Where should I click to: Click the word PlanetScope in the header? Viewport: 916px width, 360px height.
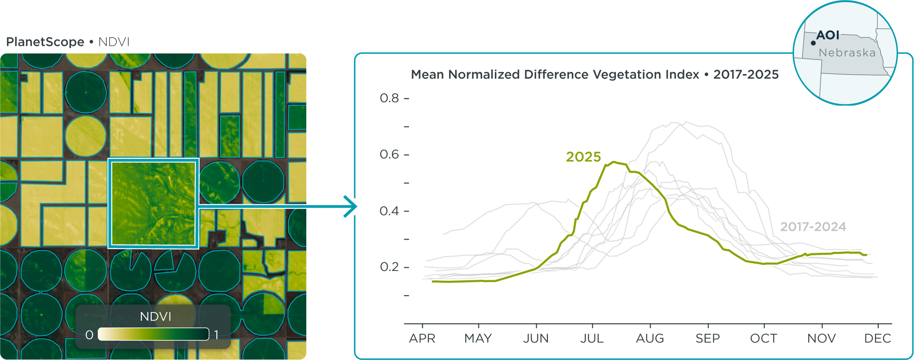(45, 42)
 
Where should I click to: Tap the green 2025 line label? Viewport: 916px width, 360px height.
(583, 157)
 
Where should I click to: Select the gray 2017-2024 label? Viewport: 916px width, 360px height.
(813, 227)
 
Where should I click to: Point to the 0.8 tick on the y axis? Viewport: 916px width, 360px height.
(389, 98)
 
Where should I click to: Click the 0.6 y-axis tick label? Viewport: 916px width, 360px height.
(389, 155)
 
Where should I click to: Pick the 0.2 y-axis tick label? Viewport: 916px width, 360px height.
(389, 267)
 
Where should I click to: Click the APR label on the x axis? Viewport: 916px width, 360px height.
(422, 339)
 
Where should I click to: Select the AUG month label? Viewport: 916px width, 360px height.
(650, 339)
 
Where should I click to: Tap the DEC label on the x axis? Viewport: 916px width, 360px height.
(878, 339)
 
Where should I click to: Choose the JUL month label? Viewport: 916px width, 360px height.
(592, 339)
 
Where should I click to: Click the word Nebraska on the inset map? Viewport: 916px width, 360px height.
(847, 53)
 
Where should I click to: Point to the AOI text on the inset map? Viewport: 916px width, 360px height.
(828, 35)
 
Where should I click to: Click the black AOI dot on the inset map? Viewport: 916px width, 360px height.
(813, 43)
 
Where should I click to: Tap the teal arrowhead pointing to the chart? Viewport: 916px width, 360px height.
(351, 207)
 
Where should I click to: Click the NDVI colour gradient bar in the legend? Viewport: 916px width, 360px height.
(153, 334)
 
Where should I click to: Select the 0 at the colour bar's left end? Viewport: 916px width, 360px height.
(89, 335)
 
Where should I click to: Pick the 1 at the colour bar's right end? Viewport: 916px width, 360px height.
(216, 335)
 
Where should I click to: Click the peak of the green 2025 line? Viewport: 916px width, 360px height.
(614, 162)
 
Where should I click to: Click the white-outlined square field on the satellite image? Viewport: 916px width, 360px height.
(153, 203)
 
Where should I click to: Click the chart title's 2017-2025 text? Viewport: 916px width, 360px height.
(746, 75)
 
